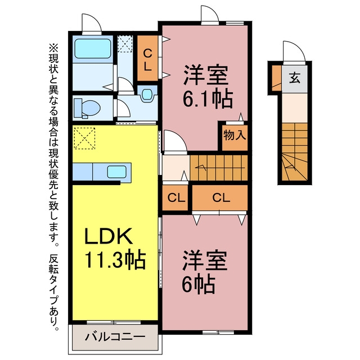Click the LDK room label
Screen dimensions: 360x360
tap(109, 236)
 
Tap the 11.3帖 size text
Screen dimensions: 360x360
tap(115, 259)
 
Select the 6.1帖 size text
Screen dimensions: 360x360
tap(208, 99)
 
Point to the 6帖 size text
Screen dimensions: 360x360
tap(199, 284)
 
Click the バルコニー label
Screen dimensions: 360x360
tap(115, 337)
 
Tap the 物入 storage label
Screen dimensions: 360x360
tap(235, 135)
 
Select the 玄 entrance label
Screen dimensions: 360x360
tap(295, 78)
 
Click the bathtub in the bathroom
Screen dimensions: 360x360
tap(93, 49)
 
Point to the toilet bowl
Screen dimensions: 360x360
tap(88, 107)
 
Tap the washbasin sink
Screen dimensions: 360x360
tap(147, 94)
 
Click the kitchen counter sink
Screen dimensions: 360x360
tap(116, 172)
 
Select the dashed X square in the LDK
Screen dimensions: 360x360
tap(84, 138)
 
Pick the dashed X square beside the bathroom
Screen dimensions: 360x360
tap(125, 44)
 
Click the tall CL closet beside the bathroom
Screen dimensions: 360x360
tap(147, 58)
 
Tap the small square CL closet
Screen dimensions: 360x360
tap(175, 197)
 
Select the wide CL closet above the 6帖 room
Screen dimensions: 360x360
tap(220, 197)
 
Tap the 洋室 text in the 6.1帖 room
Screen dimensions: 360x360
tap(206, 75)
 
